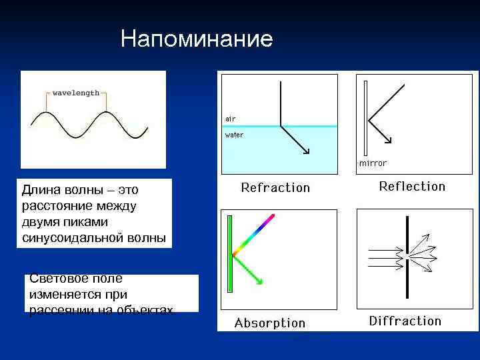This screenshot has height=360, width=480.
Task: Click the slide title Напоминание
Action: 197,39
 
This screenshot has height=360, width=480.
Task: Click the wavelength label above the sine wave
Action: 76,93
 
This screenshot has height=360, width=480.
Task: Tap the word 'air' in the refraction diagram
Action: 230,119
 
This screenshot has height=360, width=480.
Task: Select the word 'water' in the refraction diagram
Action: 234,135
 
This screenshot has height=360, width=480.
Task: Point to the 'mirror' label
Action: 373,163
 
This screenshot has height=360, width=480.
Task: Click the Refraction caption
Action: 275,188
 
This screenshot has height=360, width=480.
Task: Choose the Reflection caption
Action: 412,187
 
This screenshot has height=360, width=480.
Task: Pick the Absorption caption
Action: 270,323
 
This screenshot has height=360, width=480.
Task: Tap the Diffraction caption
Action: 405,321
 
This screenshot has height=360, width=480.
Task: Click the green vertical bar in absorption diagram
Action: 229,253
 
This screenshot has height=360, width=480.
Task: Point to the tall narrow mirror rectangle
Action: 365,117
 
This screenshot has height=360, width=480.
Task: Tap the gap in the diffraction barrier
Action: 406,254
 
